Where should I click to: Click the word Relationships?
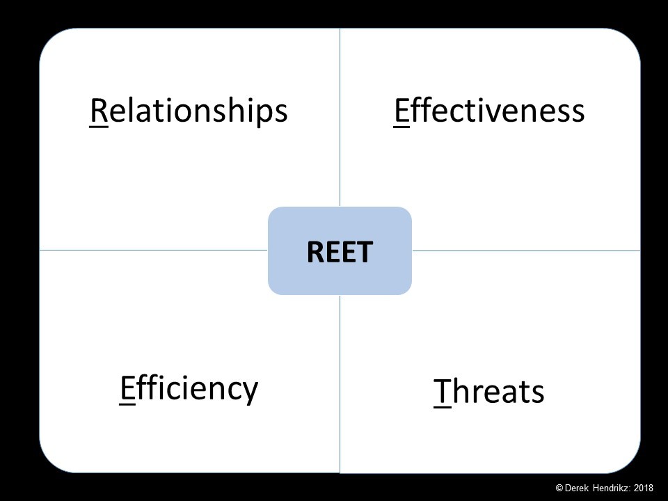(x=189, y=111)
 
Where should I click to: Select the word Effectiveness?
(x=489, y=111)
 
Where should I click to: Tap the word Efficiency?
(x=189, y=388)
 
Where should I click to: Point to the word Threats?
(x=489, y=392)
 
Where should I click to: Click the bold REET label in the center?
(x=340, y=252)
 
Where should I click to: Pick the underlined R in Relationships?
(x=98, y=111)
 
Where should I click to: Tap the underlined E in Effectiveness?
(x=401, y=111)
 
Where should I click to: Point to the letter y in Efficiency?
(x=250, y=392)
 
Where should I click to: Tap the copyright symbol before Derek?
(x=559, y=488)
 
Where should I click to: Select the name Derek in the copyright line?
(x=576, y=488)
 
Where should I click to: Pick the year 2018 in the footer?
(x=643, y=488)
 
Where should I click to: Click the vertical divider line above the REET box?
(x=340, y=118)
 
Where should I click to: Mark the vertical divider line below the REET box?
(x=340, y=384)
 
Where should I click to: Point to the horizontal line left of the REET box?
(x=154, y=250)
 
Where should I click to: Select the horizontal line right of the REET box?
(x=526, y=250)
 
